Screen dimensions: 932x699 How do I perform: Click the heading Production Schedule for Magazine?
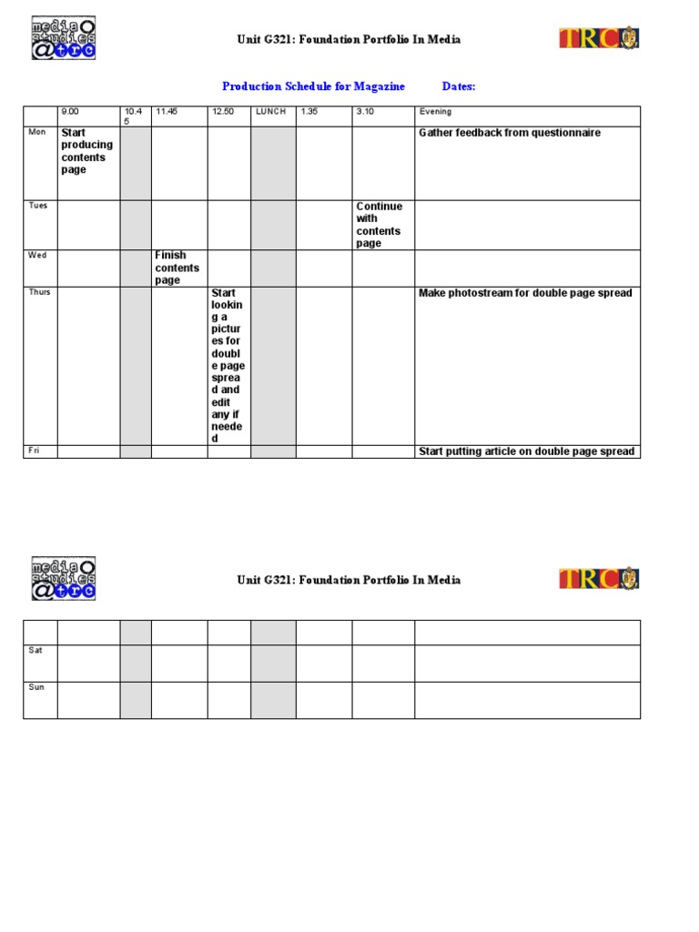point(313,86)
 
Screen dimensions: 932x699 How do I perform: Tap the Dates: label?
point(459,86)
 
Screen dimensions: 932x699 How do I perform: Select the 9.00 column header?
point(70,112)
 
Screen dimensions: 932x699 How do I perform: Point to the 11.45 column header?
point(166,112)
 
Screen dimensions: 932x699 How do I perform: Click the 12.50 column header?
point(223,112)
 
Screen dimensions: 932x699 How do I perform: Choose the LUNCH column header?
point(270,112)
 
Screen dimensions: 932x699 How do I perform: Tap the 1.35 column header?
point(310,112)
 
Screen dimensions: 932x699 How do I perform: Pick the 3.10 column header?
point(366,112)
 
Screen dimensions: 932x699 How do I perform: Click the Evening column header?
point(435,112)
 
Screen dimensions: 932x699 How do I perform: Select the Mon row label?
point(36,132)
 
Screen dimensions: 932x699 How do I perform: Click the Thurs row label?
point(39,292)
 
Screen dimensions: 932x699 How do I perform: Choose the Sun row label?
point(35,687)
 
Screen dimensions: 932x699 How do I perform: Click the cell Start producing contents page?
point(86,151)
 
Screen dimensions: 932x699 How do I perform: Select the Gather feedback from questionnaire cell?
point(509,133)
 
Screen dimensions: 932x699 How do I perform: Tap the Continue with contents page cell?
point(379,225)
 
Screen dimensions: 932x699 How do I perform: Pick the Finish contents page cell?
point(177,268)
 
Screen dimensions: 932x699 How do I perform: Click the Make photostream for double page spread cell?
point(525,293)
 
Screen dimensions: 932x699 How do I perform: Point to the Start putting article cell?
point(526,451)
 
